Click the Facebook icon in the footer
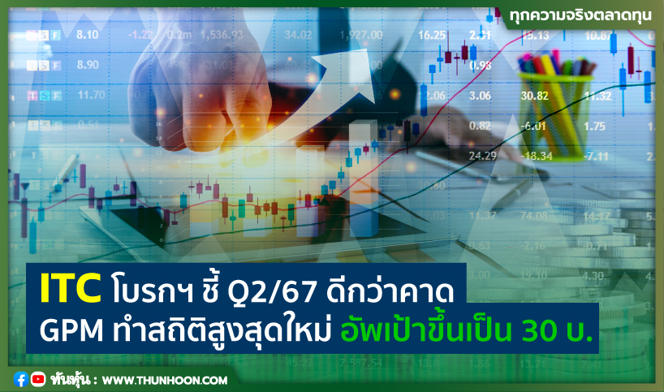coord(21,379)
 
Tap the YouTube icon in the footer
coord(37,379)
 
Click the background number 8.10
coord(87,35)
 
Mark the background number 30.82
coord(536,96)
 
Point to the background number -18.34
coord(536,155)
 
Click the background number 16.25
coord(431,35)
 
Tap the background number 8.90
coord(87,65)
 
